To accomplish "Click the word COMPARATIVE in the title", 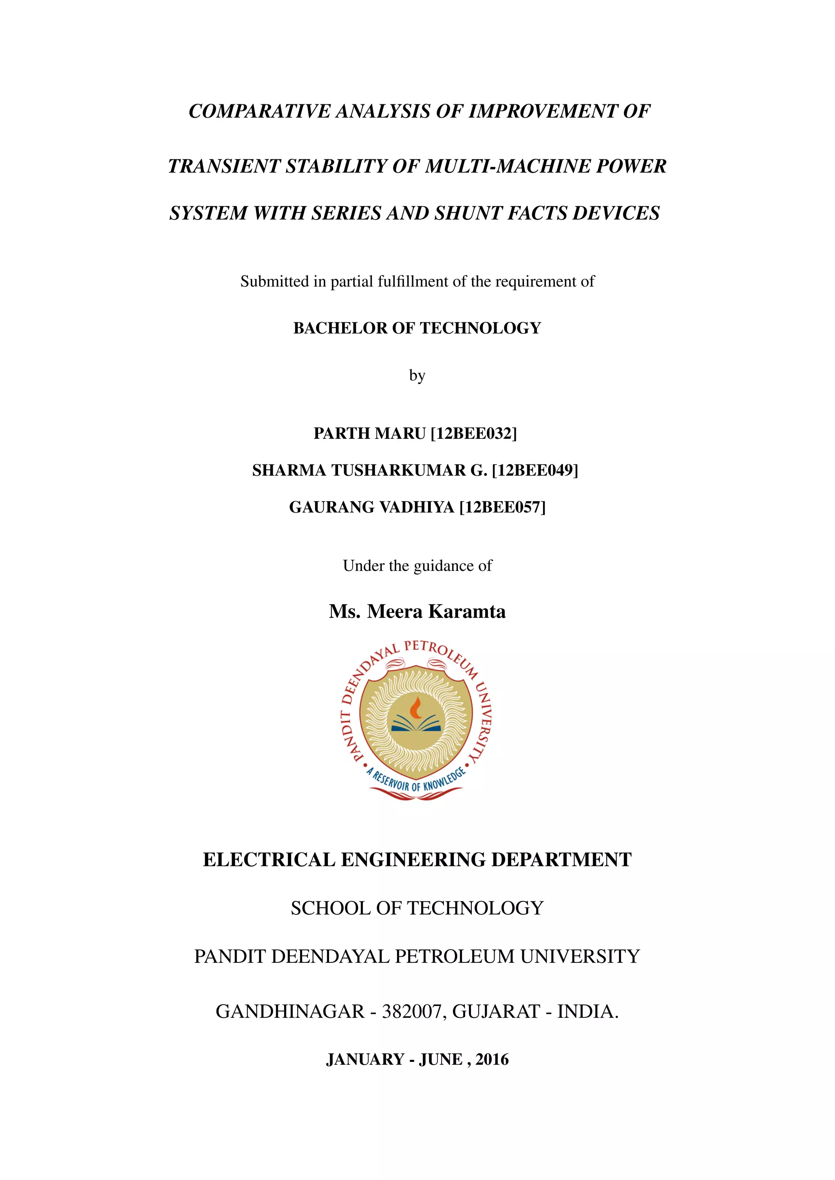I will tap(260, 111).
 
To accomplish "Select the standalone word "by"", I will tap(417, 376).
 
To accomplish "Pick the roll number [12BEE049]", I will tap(535, 470).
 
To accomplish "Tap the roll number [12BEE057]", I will tap(502, 507).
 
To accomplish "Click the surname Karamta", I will tap(467, 612).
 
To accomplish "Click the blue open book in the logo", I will tap(416, 726).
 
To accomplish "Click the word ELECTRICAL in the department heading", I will tap(269, 860).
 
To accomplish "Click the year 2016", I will tap(492, 1060).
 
